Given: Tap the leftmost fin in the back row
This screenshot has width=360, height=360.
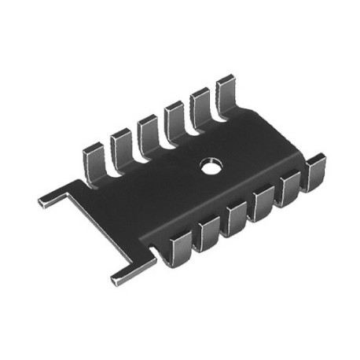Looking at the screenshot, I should (94, 160).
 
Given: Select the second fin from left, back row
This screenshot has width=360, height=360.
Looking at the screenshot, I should (120, 145).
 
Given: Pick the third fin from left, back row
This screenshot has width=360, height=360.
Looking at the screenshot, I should (147, 130).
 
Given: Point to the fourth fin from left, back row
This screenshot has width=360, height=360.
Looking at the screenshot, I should (174, 117).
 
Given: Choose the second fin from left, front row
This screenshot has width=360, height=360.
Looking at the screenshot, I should (208, 234).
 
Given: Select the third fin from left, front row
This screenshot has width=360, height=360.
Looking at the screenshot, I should (236, 219).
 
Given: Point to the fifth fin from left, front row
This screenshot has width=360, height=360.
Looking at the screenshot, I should (291, 189).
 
